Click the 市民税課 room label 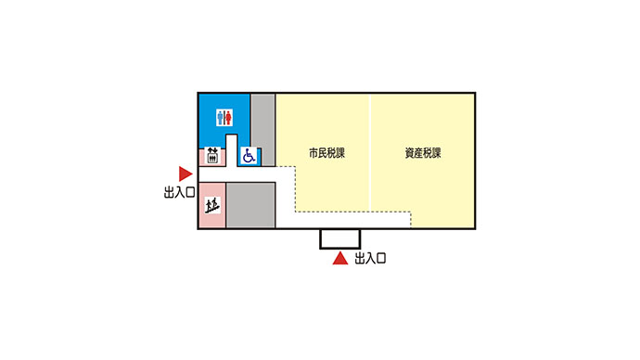(326, 151)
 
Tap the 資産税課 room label (422, 151)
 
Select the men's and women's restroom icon (224, 118)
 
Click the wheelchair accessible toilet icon (249, 156)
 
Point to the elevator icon (211, 156)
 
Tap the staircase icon (211, 205)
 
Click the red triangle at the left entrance (186, 174)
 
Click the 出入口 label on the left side (178, 193)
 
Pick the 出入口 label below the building (370, 260)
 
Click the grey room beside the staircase (250, 205)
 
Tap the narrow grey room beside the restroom (263, 128)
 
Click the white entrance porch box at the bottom (340, 238)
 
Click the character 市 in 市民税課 (314, 151)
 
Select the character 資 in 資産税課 (409, 151)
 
